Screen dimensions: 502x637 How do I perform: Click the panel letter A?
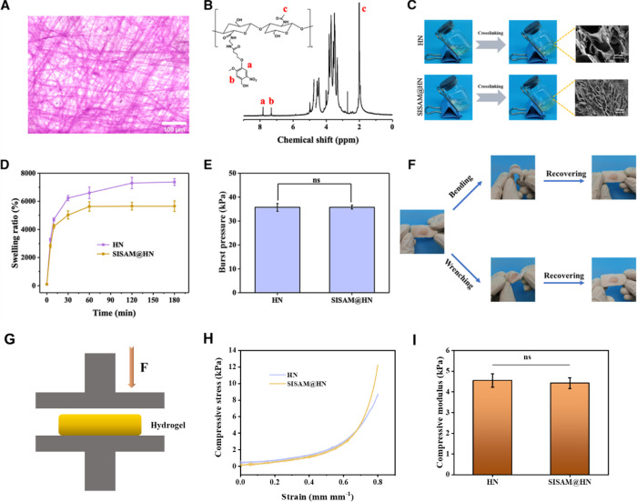tap(6, 7)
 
